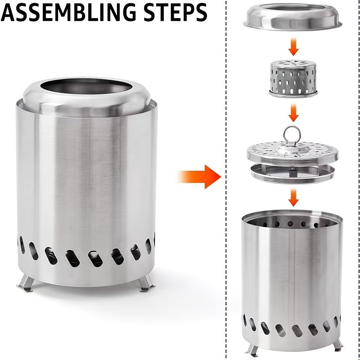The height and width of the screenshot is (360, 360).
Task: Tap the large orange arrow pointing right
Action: pyautogui.click(x=198, y=176)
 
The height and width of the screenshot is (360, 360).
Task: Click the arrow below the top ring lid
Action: pyautogui.click(x=293, y=46)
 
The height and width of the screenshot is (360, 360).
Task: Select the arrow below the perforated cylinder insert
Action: pyautogui.click(x=293, y=112)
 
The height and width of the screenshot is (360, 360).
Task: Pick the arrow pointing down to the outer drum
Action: pyautogui.click(x=293, y=197)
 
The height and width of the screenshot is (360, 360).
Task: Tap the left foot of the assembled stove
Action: pyautogui.click(x=25, y=283)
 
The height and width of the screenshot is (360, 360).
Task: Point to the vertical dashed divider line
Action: pyautogui.click(x=225, y=225)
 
